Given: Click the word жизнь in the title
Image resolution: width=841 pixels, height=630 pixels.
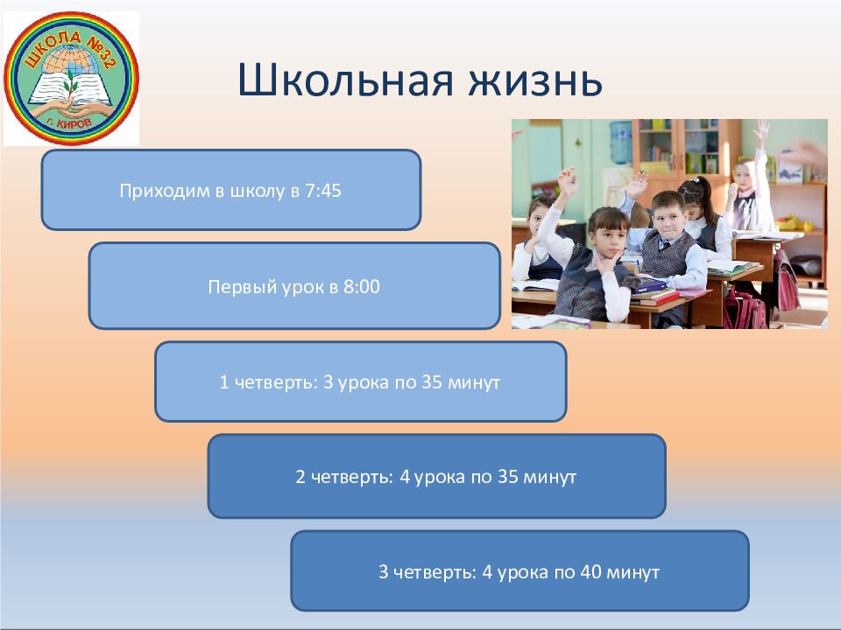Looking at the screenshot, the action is click(535, 80).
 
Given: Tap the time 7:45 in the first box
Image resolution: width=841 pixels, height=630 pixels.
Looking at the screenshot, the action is click(323, 191).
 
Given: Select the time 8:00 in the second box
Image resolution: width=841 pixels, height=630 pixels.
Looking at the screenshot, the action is click(362, 287).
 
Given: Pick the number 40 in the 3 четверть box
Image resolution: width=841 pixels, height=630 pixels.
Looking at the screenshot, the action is click(590, 572).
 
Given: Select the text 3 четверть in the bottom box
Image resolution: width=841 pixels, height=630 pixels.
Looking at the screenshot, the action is click(428, 572).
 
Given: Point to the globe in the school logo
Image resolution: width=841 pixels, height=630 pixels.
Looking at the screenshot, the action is click(72, 60).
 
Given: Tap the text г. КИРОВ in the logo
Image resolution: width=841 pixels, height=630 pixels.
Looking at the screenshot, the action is click(70, 123).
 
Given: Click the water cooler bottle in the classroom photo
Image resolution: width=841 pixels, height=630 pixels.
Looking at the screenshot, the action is click(620, 142).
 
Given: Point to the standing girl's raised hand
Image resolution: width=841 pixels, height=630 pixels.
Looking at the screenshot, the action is click(760, 132).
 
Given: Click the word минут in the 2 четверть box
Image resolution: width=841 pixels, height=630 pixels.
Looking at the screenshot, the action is click(549, 477).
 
